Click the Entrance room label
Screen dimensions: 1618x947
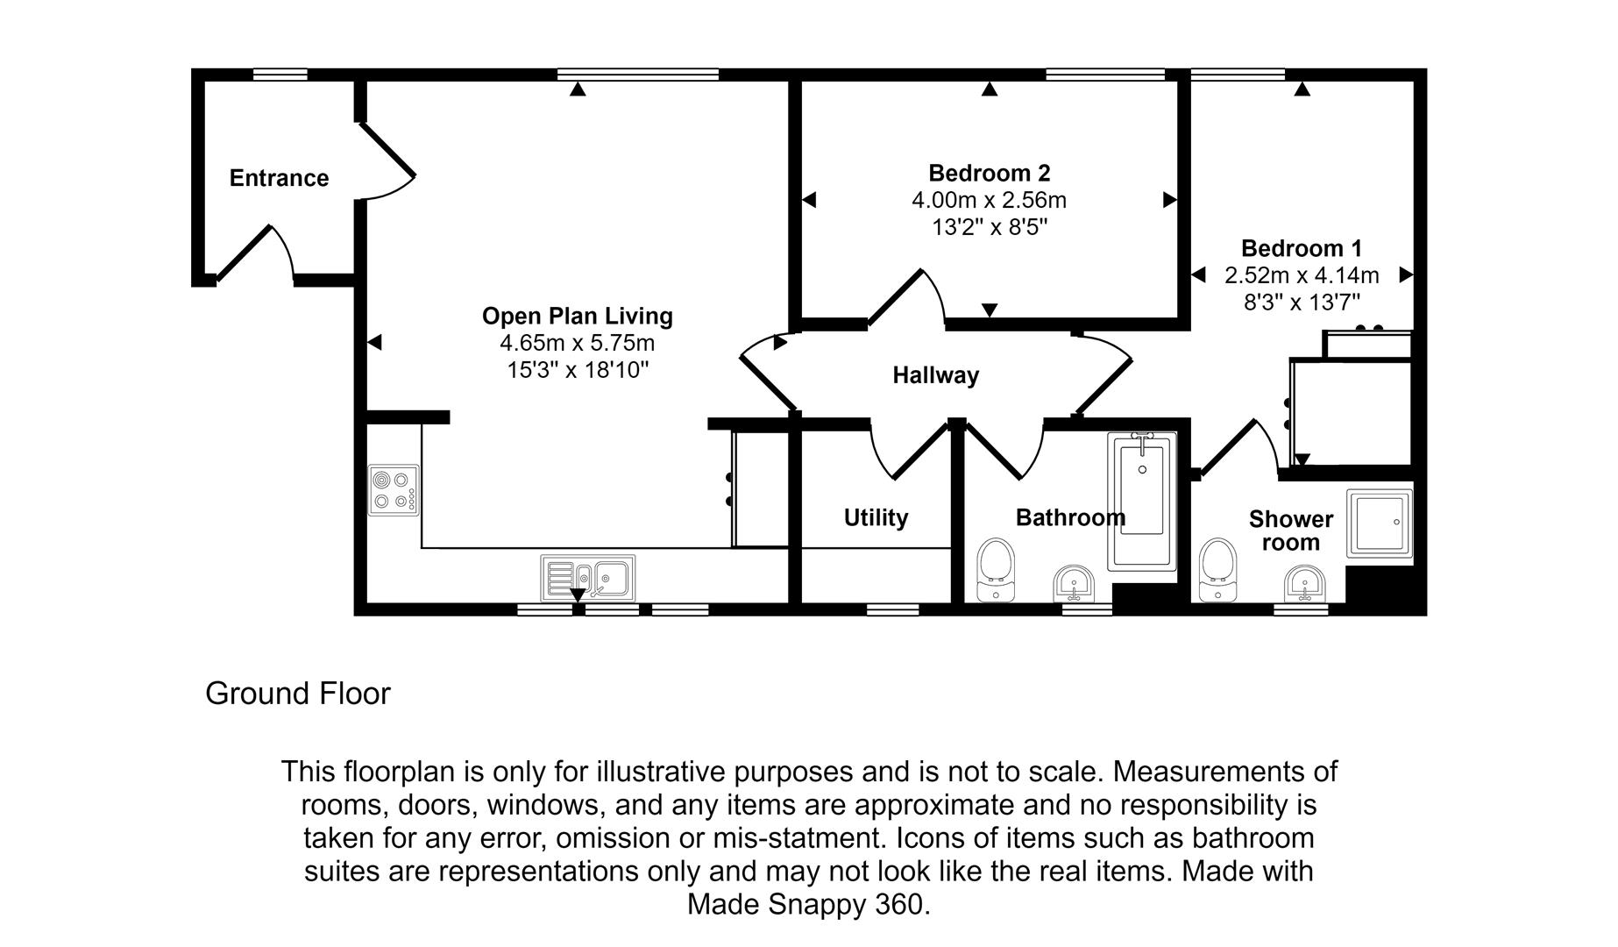pos(279,178)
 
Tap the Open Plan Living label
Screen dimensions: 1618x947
pos(577,316)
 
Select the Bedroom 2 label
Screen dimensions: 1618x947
pos(989,173)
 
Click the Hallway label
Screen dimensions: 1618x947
pos(935,375)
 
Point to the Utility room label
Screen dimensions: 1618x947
pos(876,517)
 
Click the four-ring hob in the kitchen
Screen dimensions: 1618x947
pos(393,490)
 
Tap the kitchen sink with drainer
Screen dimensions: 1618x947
pos(588,577)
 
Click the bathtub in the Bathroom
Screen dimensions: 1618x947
pos(1141,500)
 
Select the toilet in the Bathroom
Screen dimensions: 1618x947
pos(995,568)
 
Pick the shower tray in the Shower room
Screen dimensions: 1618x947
pos(1379,523)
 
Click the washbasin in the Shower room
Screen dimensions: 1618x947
pos(1305,583)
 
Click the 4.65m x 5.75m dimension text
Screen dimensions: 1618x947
pos(577,343)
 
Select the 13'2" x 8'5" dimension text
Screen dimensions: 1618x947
pos(989,228)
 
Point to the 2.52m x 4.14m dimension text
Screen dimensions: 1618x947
pos(1301,275)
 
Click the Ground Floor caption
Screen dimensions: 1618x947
pos(298,694)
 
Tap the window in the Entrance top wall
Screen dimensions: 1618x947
pos(280,75)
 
